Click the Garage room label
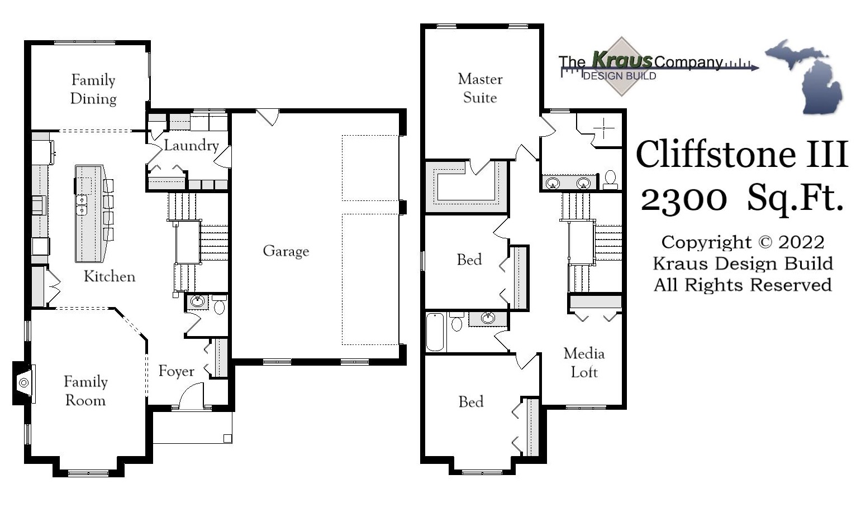tap(286, 251)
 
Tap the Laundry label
tap(191, 146)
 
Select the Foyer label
tap(176, 371)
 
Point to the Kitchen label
tap(110, 276)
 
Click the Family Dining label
tap(93, 89)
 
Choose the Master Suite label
tap(480, 88)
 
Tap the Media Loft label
tap(584, 362)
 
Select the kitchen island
tap(89, 213)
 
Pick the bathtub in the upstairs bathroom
tap(435, 332)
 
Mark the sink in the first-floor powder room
tap(197, 302)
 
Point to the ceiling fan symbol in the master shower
tap(603, 128)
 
